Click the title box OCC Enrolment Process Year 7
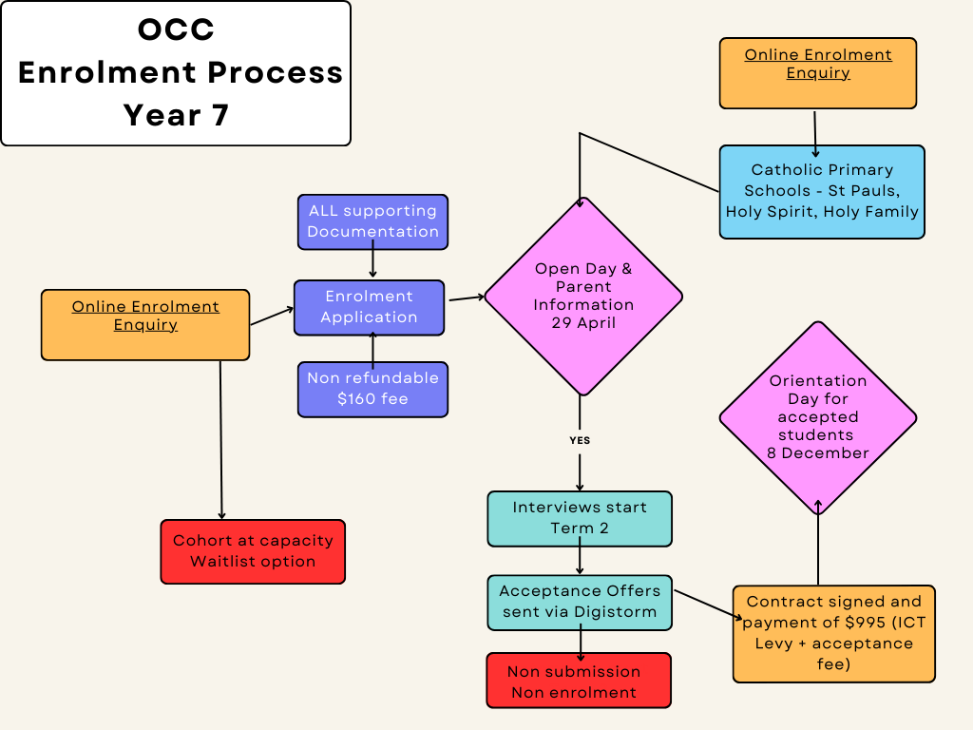click(176, 73)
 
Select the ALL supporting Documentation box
click(372, 221)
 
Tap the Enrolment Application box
click(369, 307)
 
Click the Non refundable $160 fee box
click(372, 389)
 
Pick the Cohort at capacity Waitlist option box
click(253, 551)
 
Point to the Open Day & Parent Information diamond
click(583, 296)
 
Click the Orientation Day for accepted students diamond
click(818, 417)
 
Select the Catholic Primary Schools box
click(822, 191)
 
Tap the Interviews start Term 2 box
click(580, 518)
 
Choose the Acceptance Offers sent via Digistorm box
click(580, 602)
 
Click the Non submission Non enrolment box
click(579, 681)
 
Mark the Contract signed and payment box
click(833, 633)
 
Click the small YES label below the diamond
click(580, 441)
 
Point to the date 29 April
click(583, 323)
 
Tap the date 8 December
click(818, 453)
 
